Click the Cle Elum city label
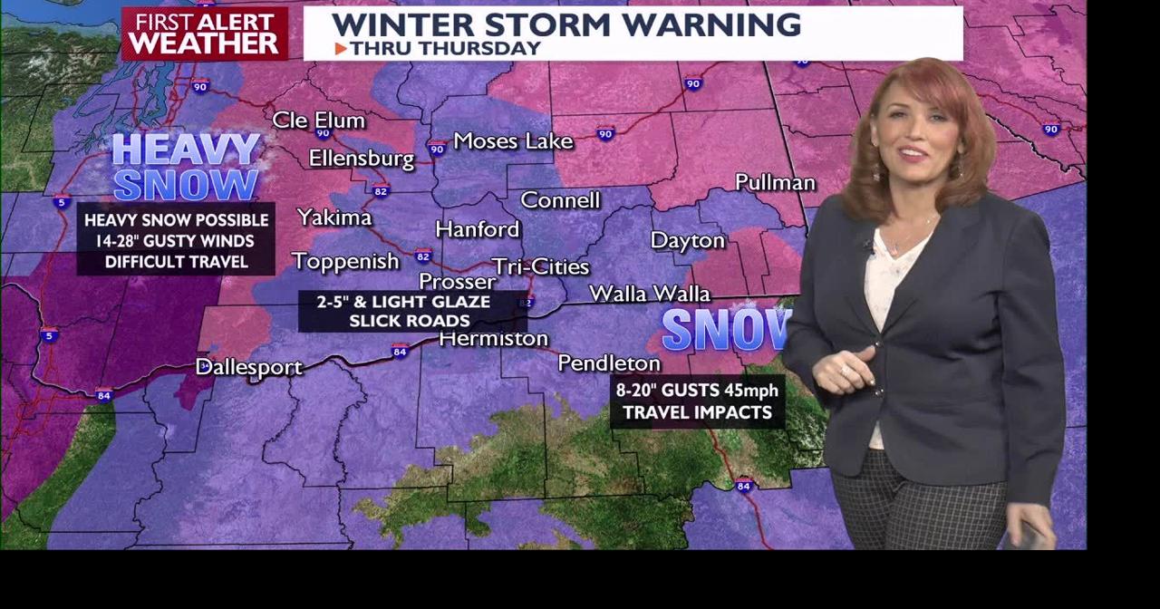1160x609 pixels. pos(319,121)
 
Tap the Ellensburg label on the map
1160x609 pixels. pos(361,159)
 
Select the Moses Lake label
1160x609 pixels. pos(513,140)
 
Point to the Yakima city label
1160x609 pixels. pos(334,217)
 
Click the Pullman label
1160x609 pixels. pos(775,182)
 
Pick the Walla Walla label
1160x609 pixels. pos(650,294)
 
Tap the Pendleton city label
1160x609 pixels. pos(609,363)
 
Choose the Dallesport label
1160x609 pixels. pos(249,367)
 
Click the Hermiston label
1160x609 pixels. pos(494,339)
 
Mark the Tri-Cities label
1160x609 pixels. pos(541,266)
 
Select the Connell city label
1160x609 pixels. pos(560,200)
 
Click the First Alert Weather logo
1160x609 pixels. pos(205,34)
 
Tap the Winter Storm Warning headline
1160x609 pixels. pos(566,24)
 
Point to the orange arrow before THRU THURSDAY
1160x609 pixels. pos(341,49)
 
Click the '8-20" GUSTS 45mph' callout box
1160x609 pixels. pos(697,401)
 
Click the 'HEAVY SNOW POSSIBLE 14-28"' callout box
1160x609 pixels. pos(176,241)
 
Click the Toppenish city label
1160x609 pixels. pos(345,261)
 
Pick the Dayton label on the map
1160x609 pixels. pos(688,240)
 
